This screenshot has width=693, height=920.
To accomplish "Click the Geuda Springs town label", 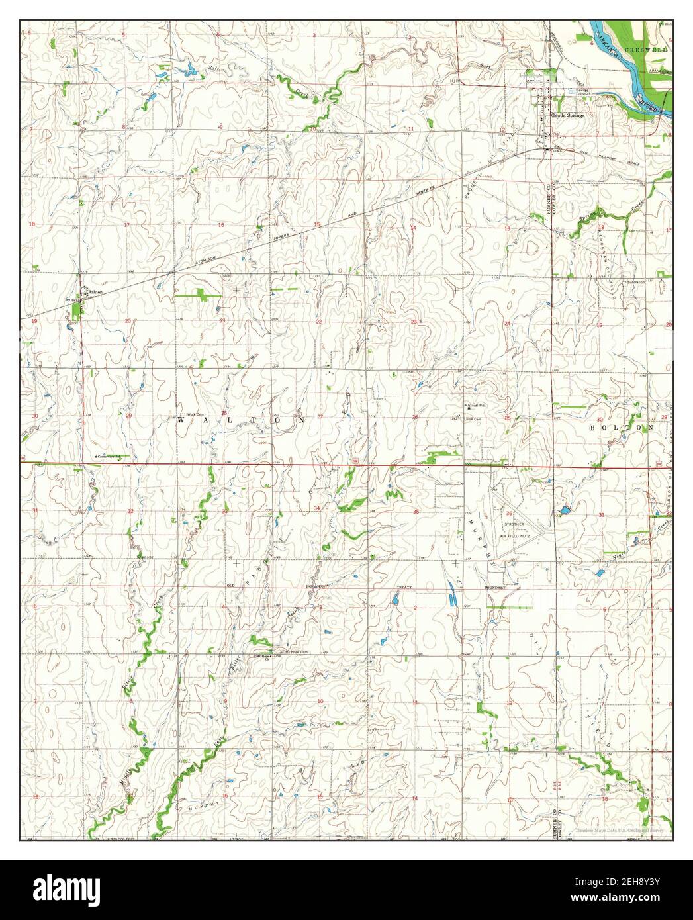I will pyautogui.click(x=567, y=114).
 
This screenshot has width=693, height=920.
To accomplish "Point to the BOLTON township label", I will pyautogui.click(x=622, y=428).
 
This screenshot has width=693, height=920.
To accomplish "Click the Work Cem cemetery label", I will pyautogui.click(x=193, y=414).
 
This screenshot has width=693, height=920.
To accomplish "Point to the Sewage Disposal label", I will pyautogui.click(x=582, y=93).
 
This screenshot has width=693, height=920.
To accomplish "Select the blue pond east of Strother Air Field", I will pyautogui.click(x=565, y=510).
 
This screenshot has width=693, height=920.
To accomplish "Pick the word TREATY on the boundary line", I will pyautogui.click(x=404, y=587).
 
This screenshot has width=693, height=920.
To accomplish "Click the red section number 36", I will pyautogui.click(x=510, y=513).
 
